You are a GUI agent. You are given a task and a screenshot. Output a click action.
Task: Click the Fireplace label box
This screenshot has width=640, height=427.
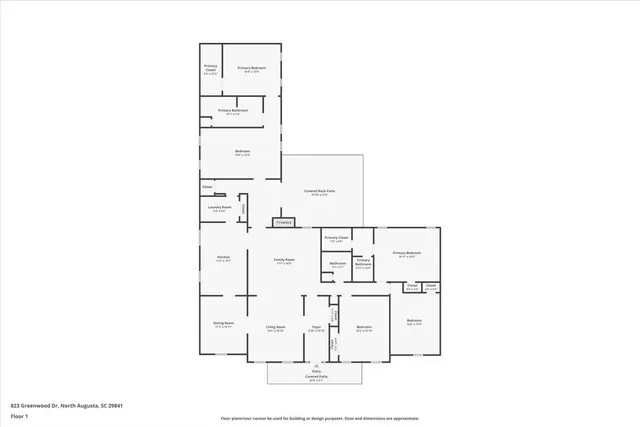(283, 222)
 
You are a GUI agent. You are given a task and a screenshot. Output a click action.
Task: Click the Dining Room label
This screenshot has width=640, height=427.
(223, 325)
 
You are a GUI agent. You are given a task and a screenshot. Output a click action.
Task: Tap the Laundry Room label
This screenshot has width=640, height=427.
(220, 208)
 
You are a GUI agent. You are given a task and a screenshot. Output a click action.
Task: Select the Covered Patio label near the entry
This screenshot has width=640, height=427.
(316, 378)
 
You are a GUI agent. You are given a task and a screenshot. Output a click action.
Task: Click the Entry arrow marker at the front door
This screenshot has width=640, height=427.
(316, 366)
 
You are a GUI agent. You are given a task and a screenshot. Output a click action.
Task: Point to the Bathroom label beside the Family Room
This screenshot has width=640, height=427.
(338, 266)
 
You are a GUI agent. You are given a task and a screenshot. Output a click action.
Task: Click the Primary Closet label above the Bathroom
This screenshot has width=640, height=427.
(335, 239)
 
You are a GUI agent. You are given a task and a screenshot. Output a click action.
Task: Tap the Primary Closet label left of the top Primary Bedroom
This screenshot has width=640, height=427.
(210, 69)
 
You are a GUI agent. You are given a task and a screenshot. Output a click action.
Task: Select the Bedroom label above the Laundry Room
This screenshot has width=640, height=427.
(242, 153)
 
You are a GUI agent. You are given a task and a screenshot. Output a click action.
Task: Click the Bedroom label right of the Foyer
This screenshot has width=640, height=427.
(364, 328)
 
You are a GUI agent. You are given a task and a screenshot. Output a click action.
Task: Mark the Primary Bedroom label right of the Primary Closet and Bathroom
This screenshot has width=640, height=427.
(406, 254)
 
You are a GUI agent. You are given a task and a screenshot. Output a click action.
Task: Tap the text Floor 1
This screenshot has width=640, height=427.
(20, 415)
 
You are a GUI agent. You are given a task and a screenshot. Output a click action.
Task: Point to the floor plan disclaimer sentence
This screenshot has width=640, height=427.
(320, 419)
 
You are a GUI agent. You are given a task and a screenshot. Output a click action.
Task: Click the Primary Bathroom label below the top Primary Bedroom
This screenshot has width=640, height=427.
(233, 111)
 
